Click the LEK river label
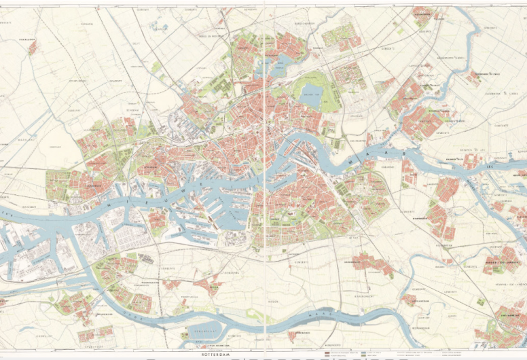[x=490, y=165]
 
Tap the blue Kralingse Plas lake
[x=312, y=94]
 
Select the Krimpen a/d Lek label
[x=458, y=158]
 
